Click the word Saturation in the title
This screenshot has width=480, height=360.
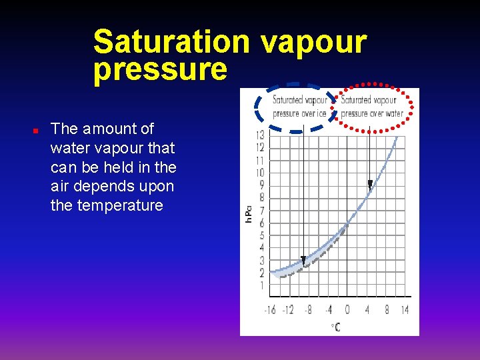pos(171,41)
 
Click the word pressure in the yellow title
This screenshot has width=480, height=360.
pos(160,69)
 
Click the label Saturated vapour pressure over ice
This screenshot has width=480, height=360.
pos(299,107)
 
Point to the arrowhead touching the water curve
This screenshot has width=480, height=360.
pos(370,184)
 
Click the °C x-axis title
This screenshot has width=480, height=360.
pos(337,327)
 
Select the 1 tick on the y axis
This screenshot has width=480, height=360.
pos(261,286)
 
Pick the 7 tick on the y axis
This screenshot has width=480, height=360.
pos(261,211)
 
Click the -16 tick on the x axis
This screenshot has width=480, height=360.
pos(270,310)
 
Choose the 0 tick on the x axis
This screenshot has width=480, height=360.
pos(347,310)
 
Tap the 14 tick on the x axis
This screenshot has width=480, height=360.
pos(405,310)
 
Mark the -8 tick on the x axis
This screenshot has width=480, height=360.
pos(307,310)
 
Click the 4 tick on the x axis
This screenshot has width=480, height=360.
pos(367,310)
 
